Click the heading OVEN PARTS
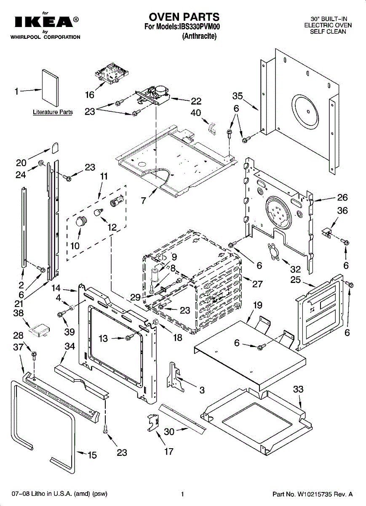[x=184, y=17]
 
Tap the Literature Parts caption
[x=53, y=112]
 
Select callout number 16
[x=90, y=95]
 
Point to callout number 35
[x=238, y=96]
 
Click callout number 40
[x=196, y=113]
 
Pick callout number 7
[x=144, y=200]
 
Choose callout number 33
[x=298, y=389]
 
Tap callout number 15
[x=92, y=455]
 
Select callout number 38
[x=18, y=313]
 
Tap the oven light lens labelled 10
[x=80, y=221]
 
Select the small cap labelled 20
[x=55, y=148]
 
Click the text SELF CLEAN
[x=328, y=32]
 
